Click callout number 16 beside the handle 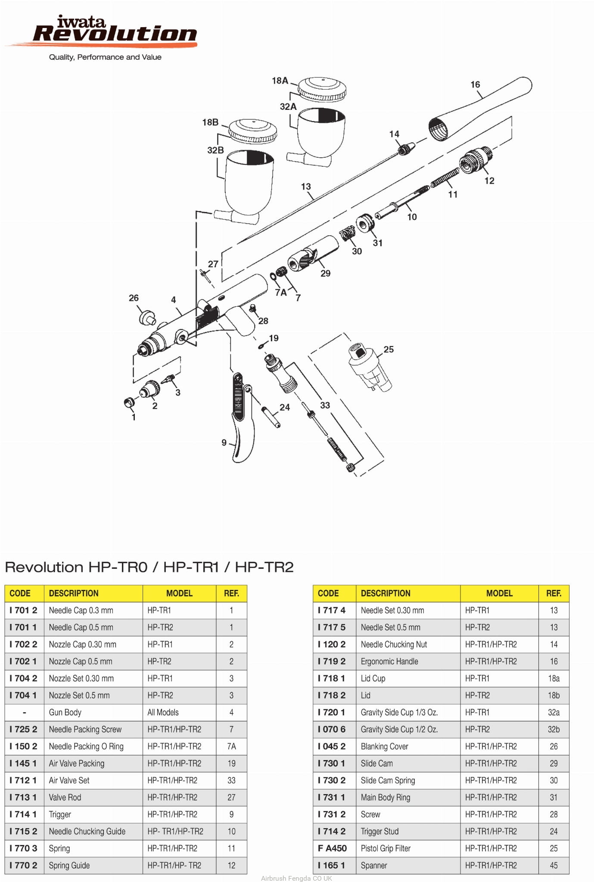[475, 84]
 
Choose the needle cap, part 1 [128, 402]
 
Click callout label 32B [215, 150]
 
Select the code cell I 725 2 [24, 729]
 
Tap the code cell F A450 [332, 848]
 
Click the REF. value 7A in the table [231, 746]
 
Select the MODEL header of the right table [499, 593]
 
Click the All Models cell [163, 712]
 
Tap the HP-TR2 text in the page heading [264, 567]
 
